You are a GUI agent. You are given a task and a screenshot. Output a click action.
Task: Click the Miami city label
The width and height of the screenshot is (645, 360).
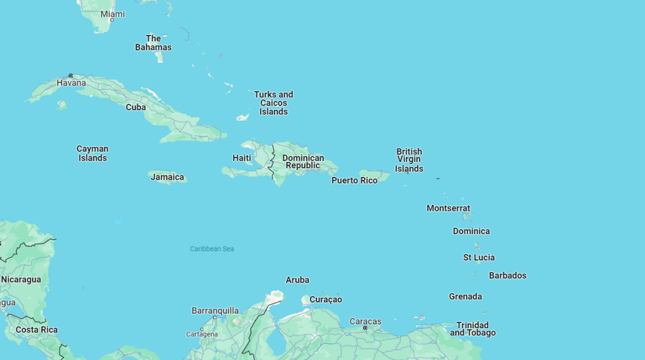[112, 14]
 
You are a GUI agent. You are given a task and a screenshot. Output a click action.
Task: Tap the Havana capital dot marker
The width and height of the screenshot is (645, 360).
[70, 76]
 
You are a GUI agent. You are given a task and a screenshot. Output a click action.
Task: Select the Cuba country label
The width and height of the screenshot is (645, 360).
[136, 107]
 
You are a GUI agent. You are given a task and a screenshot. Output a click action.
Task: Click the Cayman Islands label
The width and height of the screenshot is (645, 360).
[93, 153]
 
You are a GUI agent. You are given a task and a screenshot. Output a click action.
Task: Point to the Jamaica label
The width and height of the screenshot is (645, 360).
[167, 177]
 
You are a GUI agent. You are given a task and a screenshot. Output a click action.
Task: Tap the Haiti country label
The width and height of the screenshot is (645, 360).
[242, 158]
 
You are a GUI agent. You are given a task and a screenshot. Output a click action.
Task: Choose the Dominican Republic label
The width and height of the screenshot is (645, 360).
[303, 161]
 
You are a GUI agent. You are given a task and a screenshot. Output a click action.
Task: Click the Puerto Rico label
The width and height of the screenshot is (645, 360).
[354, 180]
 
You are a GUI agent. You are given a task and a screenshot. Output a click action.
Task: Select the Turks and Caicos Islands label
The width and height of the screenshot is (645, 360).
[273, 103]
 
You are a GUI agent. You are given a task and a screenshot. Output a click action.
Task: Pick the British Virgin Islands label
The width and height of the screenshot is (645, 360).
[409, 160]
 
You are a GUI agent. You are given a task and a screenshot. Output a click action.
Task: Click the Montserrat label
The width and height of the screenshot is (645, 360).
[448, 208]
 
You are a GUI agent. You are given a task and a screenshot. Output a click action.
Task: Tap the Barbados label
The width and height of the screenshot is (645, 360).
[507, 276]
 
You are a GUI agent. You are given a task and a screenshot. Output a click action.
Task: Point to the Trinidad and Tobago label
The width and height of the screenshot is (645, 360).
[472, 329]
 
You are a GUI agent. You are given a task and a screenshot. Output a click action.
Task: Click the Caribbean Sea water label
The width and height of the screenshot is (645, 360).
[212, 249]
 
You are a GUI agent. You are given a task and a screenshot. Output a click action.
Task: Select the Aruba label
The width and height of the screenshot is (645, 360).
[297, 280]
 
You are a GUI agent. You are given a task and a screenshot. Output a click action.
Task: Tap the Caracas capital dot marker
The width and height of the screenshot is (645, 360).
[365, 328]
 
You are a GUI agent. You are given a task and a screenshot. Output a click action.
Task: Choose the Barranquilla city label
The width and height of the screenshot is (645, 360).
[215, 310]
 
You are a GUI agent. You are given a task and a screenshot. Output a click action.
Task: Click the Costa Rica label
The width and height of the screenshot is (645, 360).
[37, 330]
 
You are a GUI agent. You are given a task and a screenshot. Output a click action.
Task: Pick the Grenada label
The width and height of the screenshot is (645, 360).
[465, 297]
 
